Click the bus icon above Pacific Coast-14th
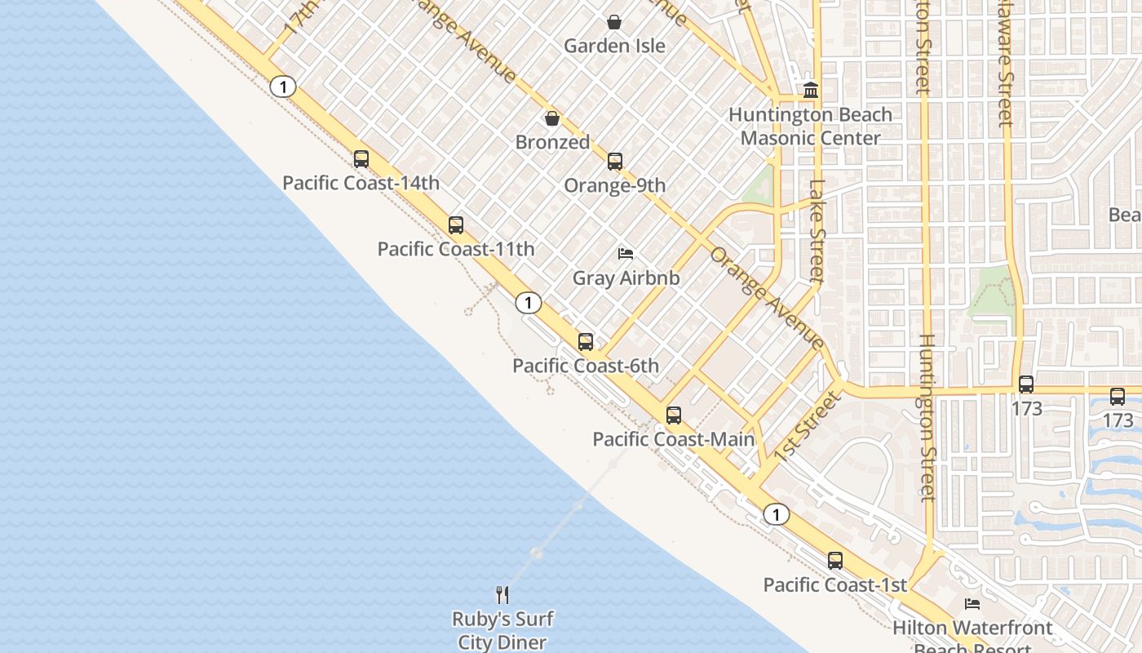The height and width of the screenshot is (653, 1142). click(x=361, y=159)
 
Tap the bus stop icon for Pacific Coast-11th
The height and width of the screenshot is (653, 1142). click(x=456, y=225)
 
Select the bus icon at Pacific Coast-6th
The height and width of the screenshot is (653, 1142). click(x=586, y=342)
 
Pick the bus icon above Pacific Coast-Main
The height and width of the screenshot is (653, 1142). click(x=674, y=415)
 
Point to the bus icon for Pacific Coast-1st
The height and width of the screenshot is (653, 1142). click(x=835, y=561)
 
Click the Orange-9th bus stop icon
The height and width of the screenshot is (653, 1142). click(x=615, y=162)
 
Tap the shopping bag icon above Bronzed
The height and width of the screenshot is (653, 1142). click(x=552, y=119)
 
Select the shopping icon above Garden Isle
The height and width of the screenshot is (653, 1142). click(x=614, y=22)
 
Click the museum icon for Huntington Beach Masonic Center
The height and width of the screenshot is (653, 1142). click(x=811, y=90)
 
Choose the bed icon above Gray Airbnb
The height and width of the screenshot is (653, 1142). click(x=626, y=254)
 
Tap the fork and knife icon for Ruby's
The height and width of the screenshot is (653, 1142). click(x=502, y=594)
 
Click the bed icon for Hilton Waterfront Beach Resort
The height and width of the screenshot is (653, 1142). click(x=972, y=604)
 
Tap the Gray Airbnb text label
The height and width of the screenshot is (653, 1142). click(x=626, y=278)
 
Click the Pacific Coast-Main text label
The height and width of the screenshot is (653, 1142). click(x=674, y=439)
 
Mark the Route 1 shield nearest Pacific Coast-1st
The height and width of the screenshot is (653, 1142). click(x=777, y=514)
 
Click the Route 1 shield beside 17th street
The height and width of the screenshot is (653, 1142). click(x=282, y=87)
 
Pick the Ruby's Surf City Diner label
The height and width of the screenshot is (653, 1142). click(x=502, y=630)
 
